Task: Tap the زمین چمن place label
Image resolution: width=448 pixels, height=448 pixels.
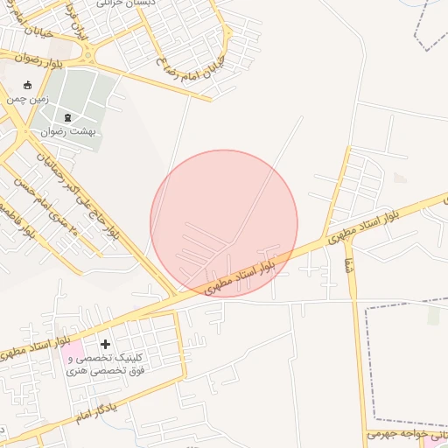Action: click(25, 99)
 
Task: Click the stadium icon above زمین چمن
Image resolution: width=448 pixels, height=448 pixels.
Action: click(27, 85)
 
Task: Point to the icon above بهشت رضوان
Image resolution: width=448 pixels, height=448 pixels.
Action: click(68, 116)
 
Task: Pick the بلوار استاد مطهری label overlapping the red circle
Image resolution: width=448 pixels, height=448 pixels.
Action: click(241, 273)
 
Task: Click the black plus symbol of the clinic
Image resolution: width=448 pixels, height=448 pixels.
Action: click(106, 345)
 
